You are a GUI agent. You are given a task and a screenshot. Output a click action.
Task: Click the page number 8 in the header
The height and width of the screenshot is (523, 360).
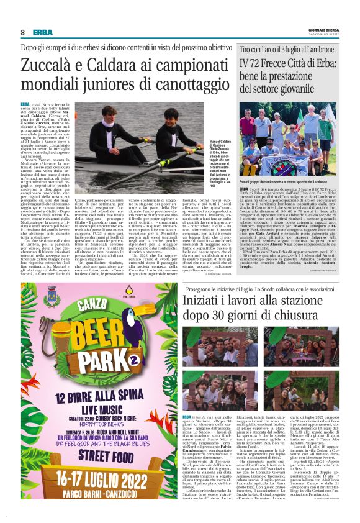point(22,32)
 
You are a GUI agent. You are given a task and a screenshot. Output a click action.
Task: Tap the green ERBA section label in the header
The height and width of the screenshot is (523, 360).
point(42,32)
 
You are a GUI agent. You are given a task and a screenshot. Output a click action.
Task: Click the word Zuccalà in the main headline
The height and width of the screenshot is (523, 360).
point(50,65)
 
